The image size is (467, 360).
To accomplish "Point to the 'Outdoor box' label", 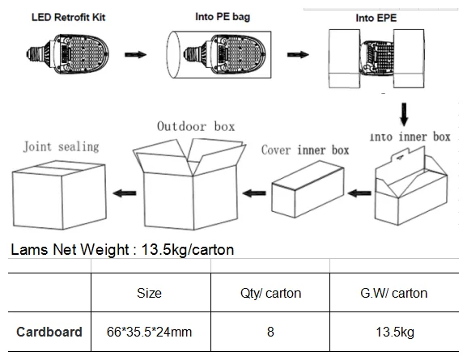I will tap(196, 127).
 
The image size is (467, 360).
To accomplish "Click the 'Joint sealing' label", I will tap(61, 146).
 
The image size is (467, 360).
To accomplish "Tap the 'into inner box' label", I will tap(410, 137).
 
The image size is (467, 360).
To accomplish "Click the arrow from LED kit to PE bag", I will tap(136, 55).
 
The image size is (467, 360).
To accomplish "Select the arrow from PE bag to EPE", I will tap(299, 55).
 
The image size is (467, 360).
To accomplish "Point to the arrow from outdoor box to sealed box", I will tap(122, 192).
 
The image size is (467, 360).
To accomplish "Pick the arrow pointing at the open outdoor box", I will tap(256, 194).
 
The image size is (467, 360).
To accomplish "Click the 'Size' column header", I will tap(150, 293).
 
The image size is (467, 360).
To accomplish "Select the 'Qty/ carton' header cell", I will tap(270, 293).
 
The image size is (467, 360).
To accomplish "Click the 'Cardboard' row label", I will tap(49, 332).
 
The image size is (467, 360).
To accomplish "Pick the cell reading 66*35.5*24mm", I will tap(150, 332).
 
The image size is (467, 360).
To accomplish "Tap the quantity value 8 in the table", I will tap(270, 332).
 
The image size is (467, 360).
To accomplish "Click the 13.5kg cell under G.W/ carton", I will tap(394, 332).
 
